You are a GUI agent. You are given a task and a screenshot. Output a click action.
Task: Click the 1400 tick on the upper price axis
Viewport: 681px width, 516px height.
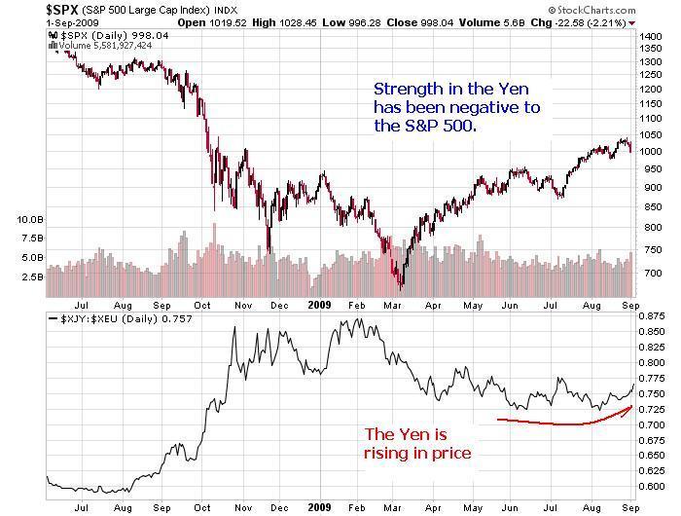pyautogui.click(x=652, y=35)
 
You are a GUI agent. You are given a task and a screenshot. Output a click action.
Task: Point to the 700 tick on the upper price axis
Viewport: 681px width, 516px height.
pyautogui.click(x=650, y=273)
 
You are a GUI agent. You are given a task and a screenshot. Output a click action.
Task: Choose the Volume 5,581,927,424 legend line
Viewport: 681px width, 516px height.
pyautogui.click(x=104, y=46)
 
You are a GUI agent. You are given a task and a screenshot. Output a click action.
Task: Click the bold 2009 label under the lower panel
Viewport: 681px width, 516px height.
pyautogui.click(x=321, y=507)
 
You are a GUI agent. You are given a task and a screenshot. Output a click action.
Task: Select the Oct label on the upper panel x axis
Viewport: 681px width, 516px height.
pyautogui.click(x=202, y=303)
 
